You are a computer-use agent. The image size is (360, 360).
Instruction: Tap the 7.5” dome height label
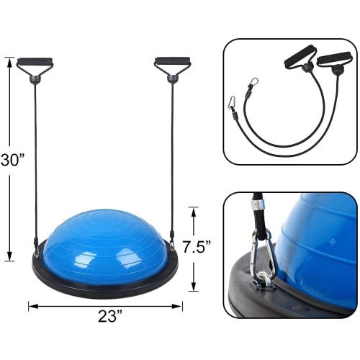pos(197,247)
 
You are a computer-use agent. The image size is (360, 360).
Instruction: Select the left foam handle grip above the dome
pos(35,60)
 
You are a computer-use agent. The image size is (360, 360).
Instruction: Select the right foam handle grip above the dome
pos(173,60)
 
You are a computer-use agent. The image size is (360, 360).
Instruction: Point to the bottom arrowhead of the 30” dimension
pos(9,255)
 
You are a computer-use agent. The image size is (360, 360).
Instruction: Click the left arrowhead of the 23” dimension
pos(34,306)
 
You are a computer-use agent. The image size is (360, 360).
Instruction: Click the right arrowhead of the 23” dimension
pos(177,306)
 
